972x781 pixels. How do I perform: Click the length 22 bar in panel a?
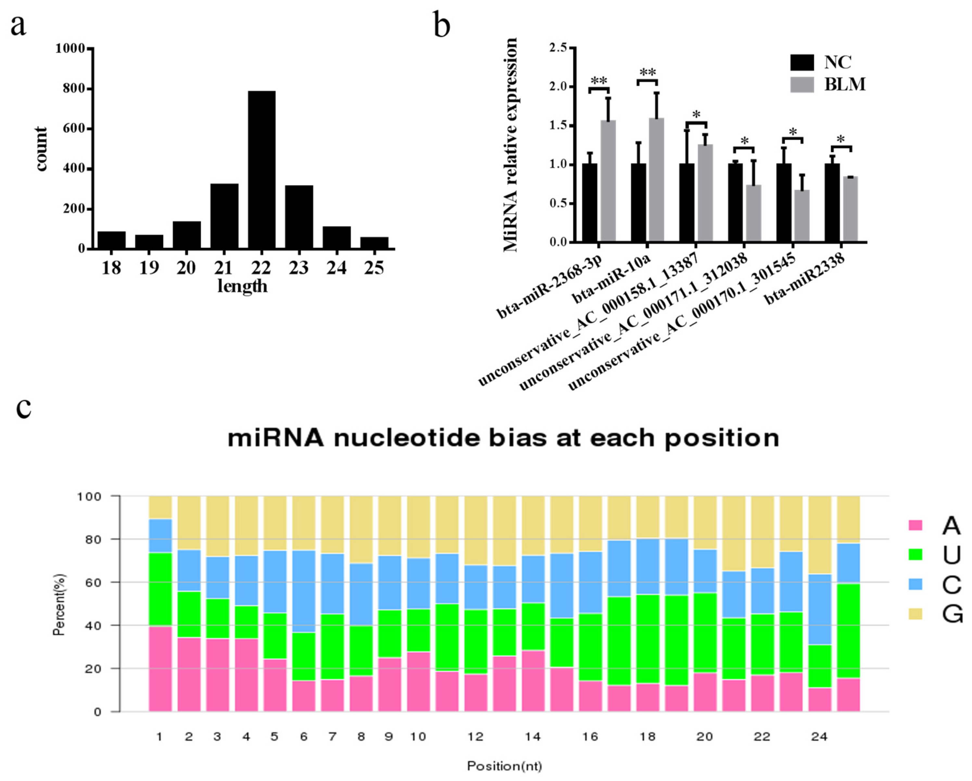pos(261,170)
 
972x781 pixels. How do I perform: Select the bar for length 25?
pos(374,243)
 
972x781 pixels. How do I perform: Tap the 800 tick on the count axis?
pos(74,89)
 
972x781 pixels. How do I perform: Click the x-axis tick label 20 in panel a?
pos(186,268)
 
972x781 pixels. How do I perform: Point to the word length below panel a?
pos(242,286)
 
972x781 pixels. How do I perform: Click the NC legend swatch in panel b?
pos(802,63)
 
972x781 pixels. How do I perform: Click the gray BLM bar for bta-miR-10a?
pos(656,180)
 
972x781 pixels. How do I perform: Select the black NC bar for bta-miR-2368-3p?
pos(589,203)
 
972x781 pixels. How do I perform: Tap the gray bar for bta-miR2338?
pos(850,209)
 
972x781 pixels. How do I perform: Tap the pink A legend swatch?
pos(915,525)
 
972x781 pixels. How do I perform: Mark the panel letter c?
pos(23,408)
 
